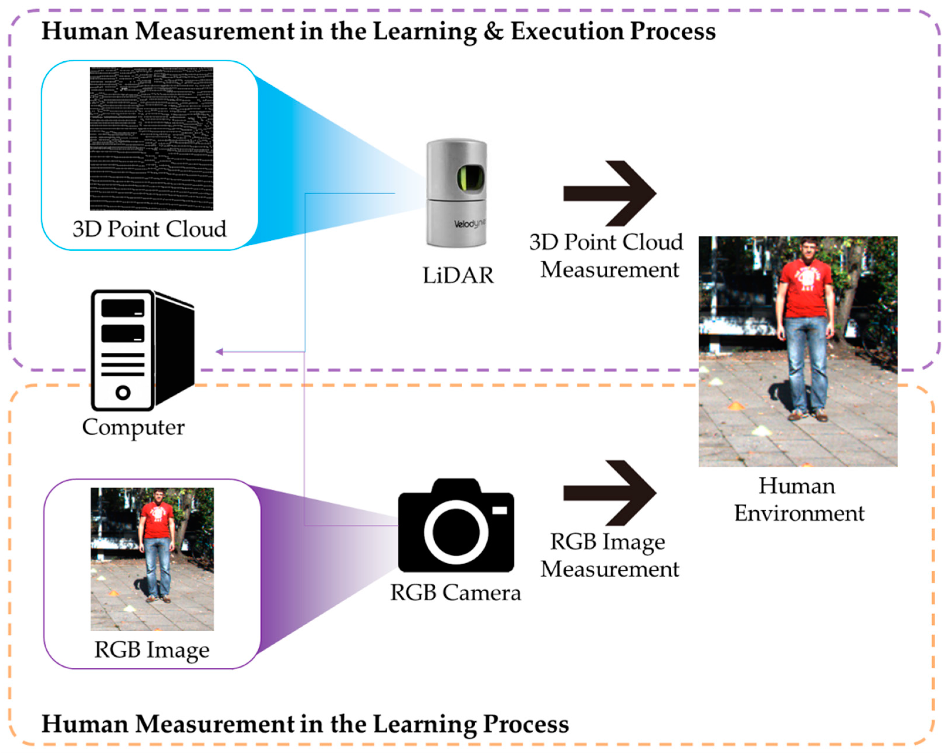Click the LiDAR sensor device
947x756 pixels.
pos(456,193)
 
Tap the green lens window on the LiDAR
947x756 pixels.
pos(470,178)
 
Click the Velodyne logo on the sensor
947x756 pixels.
pos(469,224)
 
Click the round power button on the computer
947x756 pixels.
pos(123,392)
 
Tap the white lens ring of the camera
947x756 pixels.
pos(456,532)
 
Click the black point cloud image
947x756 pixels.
pos(152,138)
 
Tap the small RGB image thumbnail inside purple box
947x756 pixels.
pos(152,559)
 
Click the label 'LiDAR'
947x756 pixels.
pos(458,276)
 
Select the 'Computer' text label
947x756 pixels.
pos(133,427)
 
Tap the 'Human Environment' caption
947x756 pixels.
pos(799,500)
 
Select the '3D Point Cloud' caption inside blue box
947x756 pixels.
pos(149,229)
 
